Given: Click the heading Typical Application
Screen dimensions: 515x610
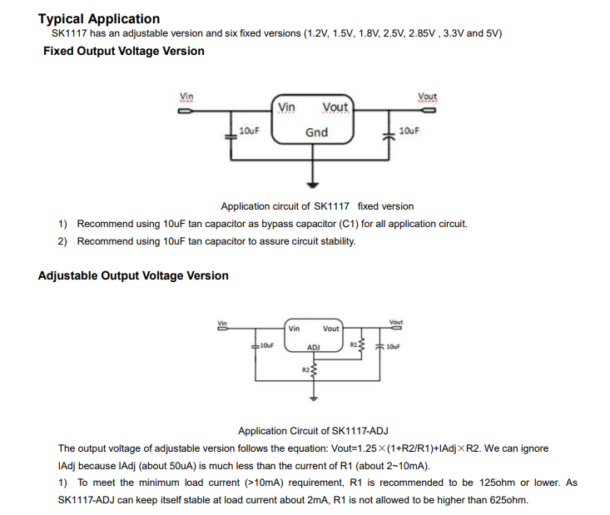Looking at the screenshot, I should point(99,18).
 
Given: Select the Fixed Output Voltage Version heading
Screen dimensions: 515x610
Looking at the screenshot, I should point(123,51).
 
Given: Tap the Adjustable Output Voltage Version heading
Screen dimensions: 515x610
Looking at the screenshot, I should point(133,275).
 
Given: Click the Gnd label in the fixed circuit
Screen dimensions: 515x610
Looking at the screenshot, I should point(316,132).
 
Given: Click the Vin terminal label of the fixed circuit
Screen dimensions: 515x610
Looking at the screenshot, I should point(187,97).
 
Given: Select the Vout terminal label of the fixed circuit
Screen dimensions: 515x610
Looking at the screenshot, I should point(428,97).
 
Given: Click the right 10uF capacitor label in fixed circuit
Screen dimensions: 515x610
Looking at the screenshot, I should point(409,131).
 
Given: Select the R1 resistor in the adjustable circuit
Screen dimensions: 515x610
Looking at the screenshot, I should point(362,344).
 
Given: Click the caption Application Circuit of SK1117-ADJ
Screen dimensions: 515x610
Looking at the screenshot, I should point(313,431).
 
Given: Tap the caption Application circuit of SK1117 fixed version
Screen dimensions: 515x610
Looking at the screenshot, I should point(317,206).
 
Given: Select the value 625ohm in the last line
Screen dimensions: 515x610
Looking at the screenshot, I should point(508,499).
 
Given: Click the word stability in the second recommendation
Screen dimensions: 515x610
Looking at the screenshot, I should point(333,241).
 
